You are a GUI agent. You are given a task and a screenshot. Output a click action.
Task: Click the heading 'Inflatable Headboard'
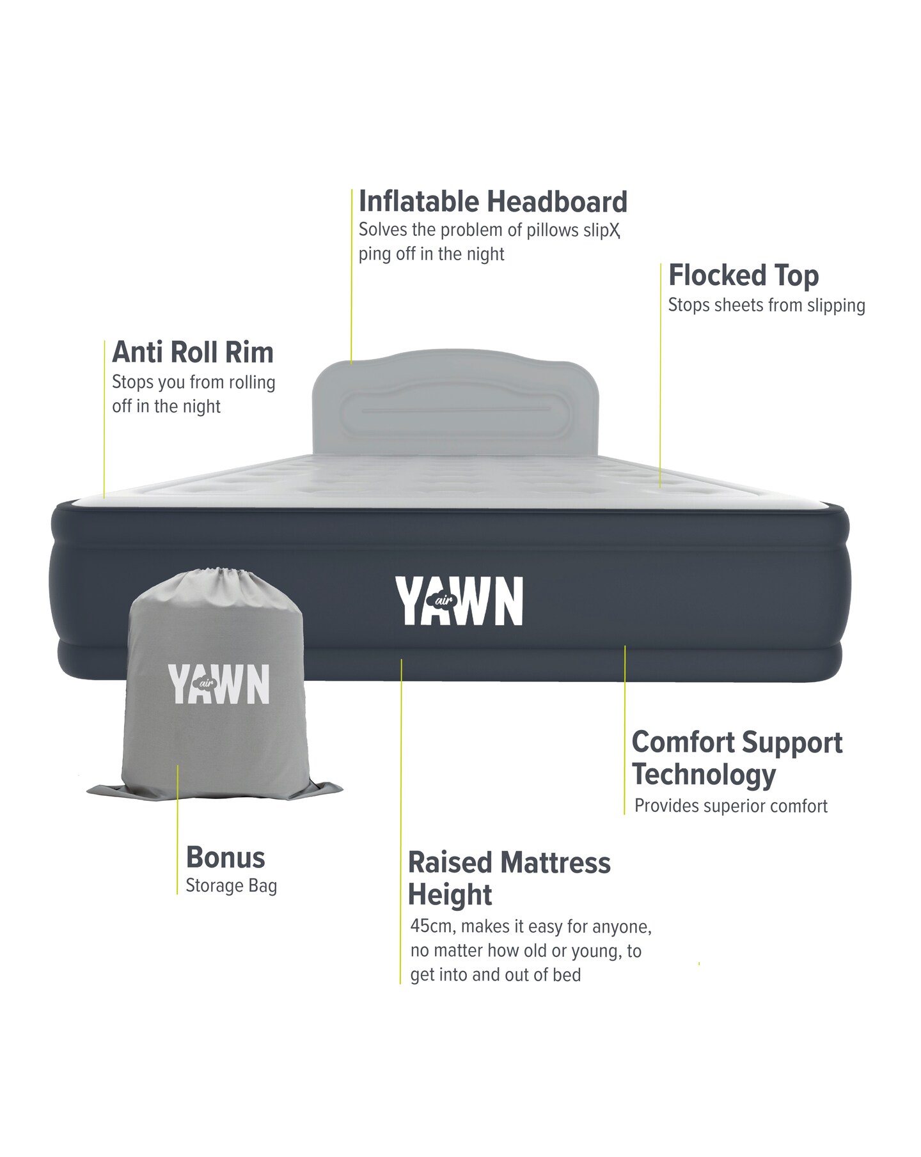[493, 201]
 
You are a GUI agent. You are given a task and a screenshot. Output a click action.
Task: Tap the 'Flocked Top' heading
[743, 276]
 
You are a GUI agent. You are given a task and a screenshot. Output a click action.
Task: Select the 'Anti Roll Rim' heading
[193, 352]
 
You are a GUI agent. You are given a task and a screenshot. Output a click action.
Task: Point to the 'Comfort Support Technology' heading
[737, 758]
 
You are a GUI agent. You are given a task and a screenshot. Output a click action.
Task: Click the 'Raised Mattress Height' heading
[509, 878]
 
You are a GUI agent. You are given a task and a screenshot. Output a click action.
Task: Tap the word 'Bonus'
[225, 858]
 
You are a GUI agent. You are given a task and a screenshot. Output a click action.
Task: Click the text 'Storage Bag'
[231, 887]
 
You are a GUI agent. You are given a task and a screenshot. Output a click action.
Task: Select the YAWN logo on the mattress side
[459, 601]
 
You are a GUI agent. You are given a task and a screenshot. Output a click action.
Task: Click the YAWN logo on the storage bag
[219, 684]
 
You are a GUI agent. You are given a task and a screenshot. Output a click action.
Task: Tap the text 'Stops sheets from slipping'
[766, 306]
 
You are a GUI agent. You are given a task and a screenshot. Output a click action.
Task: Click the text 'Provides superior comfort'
[731, 806]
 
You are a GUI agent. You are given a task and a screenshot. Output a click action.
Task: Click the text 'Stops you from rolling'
[194, 382]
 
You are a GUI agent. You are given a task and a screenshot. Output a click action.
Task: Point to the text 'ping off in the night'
[431, 254]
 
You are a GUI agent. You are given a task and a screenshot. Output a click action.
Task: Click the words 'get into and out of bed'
[496, 975]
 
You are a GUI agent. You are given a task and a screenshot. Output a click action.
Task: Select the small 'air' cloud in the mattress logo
[441, 601]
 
